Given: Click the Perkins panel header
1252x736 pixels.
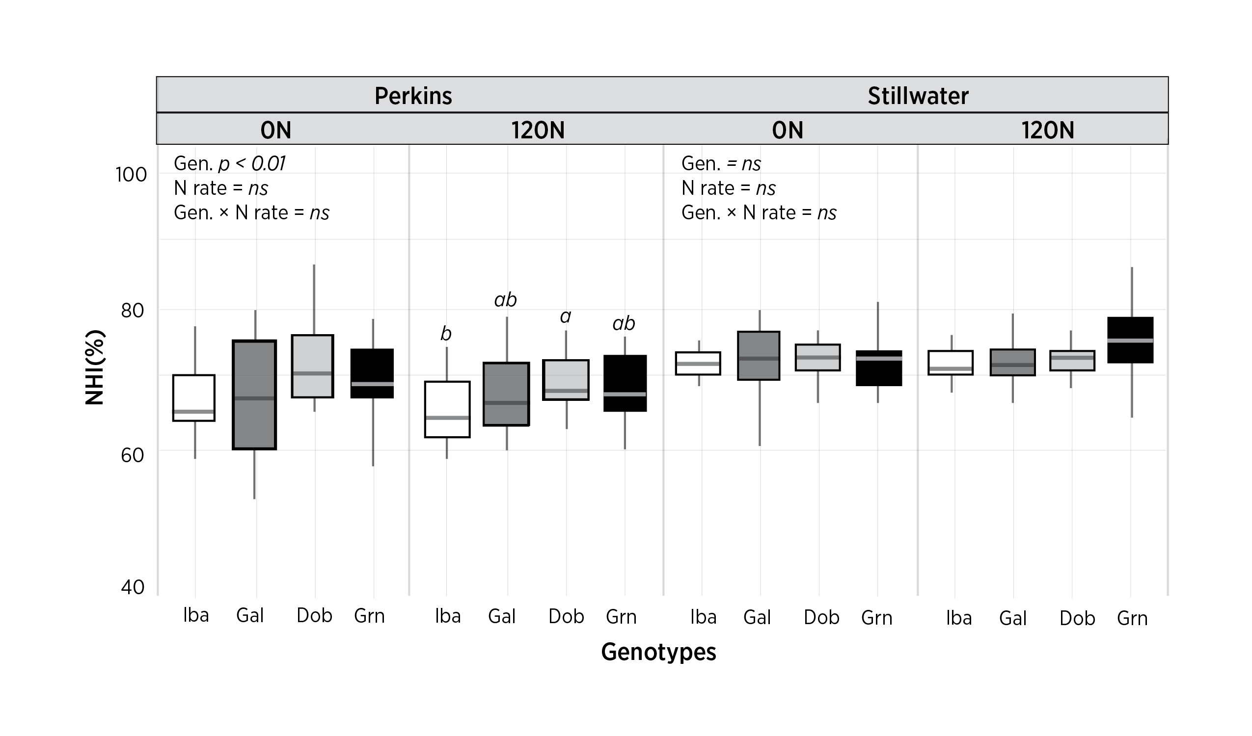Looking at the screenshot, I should point(413,96).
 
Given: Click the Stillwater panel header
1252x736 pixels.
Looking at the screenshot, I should point(918,96).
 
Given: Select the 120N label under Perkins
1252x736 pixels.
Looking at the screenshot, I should point(538,130).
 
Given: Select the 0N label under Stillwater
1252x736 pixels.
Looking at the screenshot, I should point(787,130).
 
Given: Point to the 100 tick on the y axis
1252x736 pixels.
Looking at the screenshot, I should point(131,175).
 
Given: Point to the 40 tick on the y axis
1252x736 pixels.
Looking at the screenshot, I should point(132,587).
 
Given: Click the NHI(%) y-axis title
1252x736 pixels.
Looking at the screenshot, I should point(95,368).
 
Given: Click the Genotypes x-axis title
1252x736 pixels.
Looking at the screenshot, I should point(658,652).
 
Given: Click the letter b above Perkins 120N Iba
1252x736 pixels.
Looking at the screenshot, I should point(446,334).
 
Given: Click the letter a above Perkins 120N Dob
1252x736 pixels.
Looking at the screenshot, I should point(566,316).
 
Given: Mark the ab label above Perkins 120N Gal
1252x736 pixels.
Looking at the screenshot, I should point(505,299).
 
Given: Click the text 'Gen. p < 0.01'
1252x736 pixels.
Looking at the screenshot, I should point(230,163).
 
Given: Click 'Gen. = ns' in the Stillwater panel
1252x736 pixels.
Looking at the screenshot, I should point(720,163).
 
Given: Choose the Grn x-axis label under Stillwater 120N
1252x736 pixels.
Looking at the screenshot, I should point(1132,618).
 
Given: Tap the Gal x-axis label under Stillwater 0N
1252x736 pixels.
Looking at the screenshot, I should point(757,617).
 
